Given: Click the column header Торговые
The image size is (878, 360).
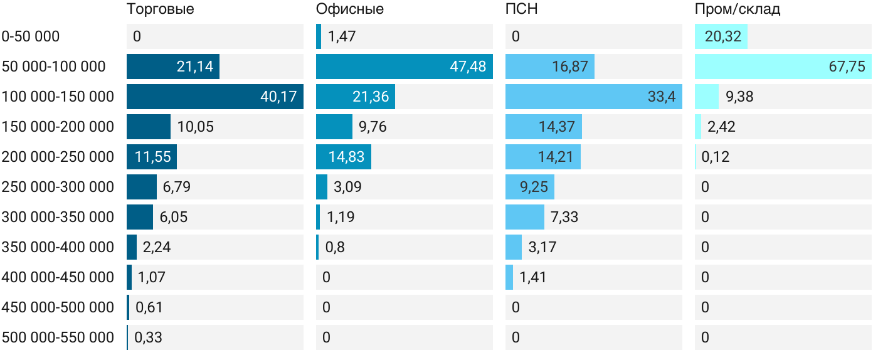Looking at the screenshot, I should [x=160, y=9].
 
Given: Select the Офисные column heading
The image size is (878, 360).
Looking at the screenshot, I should [x=350, y=9].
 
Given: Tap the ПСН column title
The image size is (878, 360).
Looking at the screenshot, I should [x=522, y=9].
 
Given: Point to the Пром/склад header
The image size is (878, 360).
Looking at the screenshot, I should [x=738, y=9].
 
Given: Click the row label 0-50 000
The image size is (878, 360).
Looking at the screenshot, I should [x=31, y=36].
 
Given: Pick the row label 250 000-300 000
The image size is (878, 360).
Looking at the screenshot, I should [x=58, y=187].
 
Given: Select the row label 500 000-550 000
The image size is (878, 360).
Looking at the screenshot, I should [x=58, y=337].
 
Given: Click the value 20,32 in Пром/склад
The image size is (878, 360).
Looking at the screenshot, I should [x=723, y=36].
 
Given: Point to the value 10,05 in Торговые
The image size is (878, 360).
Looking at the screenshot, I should [x=196, y=127].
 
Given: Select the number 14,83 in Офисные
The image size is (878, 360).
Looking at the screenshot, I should [x=346, y=157].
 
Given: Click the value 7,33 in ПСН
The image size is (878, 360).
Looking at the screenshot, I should [x=564, y=217].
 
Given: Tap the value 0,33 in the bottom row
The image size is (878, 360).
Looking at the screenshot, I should [x=149, y=337].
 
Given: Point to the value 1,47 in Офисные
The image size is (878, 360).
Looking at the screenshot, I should [x=342, y=36].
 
